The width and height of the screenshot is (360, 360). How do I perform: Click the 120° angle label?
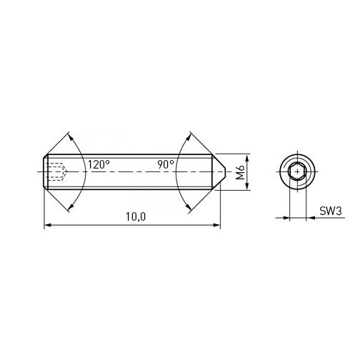(99, 164)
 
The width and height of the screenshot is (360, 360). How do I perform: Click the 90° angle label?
(166, 164)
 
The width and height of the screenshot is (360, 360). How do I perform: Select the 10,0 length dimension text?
(136, 216)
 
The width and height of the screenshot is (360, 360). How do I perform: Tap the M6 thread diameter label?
(241, 172)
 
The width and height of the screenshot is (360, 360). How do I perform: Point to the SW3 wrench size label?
(331, 211)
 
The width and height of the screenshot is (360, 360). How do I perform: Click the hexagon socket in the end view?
(297, 171)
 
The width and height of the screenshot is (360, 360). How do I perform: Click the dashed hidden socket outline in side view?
(57, 171)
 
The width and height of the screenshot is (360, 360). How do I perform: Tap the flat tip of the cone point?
(225, 171)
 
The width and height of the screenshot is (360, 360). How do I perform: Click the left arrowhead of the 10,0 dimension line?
(48, 225)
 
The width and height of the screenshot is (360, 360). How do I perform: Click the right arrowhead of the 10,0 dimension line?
(216, 225)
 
